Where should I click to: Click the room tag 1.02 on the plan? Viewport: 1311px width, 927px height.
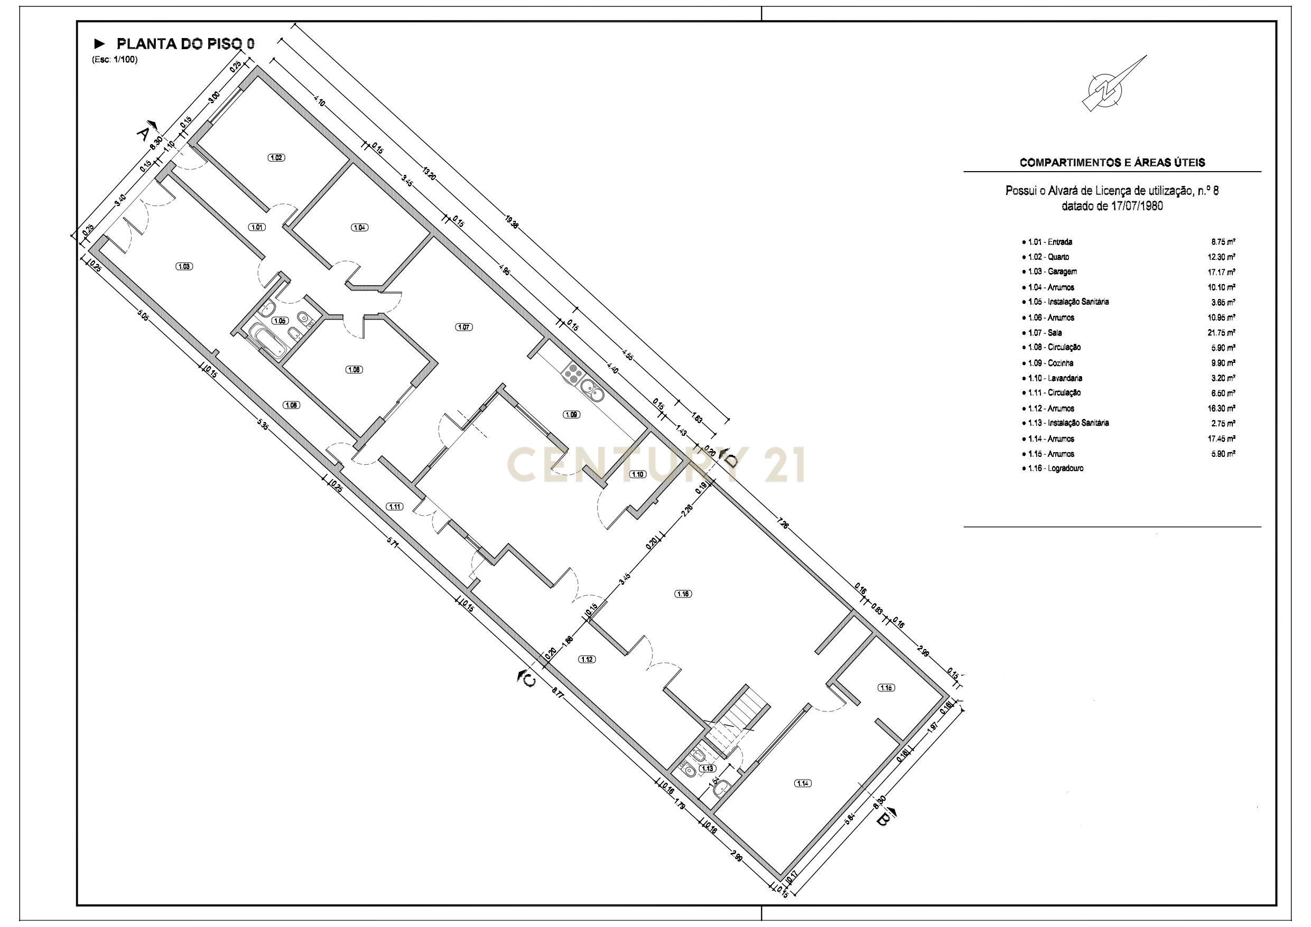[276, 157]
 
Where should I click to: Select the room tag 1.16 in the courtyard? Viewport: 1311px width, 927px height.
[683, 594]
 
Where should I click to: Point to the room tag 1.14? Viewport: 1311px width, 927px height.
[802, 783]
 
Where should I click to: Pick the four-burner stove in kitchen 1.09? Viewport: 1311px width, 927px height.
[572, 373]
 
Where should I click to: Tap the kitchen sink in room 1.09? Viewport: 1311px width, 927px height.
[590, 391]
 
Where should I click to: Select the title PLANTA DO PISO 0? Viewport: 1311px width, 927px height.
[185, 44]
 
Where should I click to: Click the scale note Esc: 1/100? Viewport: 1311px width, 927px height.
[115, 59]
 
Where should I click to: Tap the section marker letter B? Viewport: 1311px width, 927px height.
[882, 820]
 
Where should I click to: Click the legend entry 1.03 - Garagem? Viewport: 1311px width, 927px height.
[1052, 271]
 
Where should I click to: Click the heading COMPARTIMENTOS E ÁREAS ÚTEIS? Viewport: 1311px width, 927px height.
[1112, 163]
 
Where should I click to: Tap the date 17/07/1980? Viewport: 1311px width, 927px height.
[1136, 206]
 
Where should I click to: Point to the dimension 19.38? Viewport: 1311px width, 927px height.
[512, 221]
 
